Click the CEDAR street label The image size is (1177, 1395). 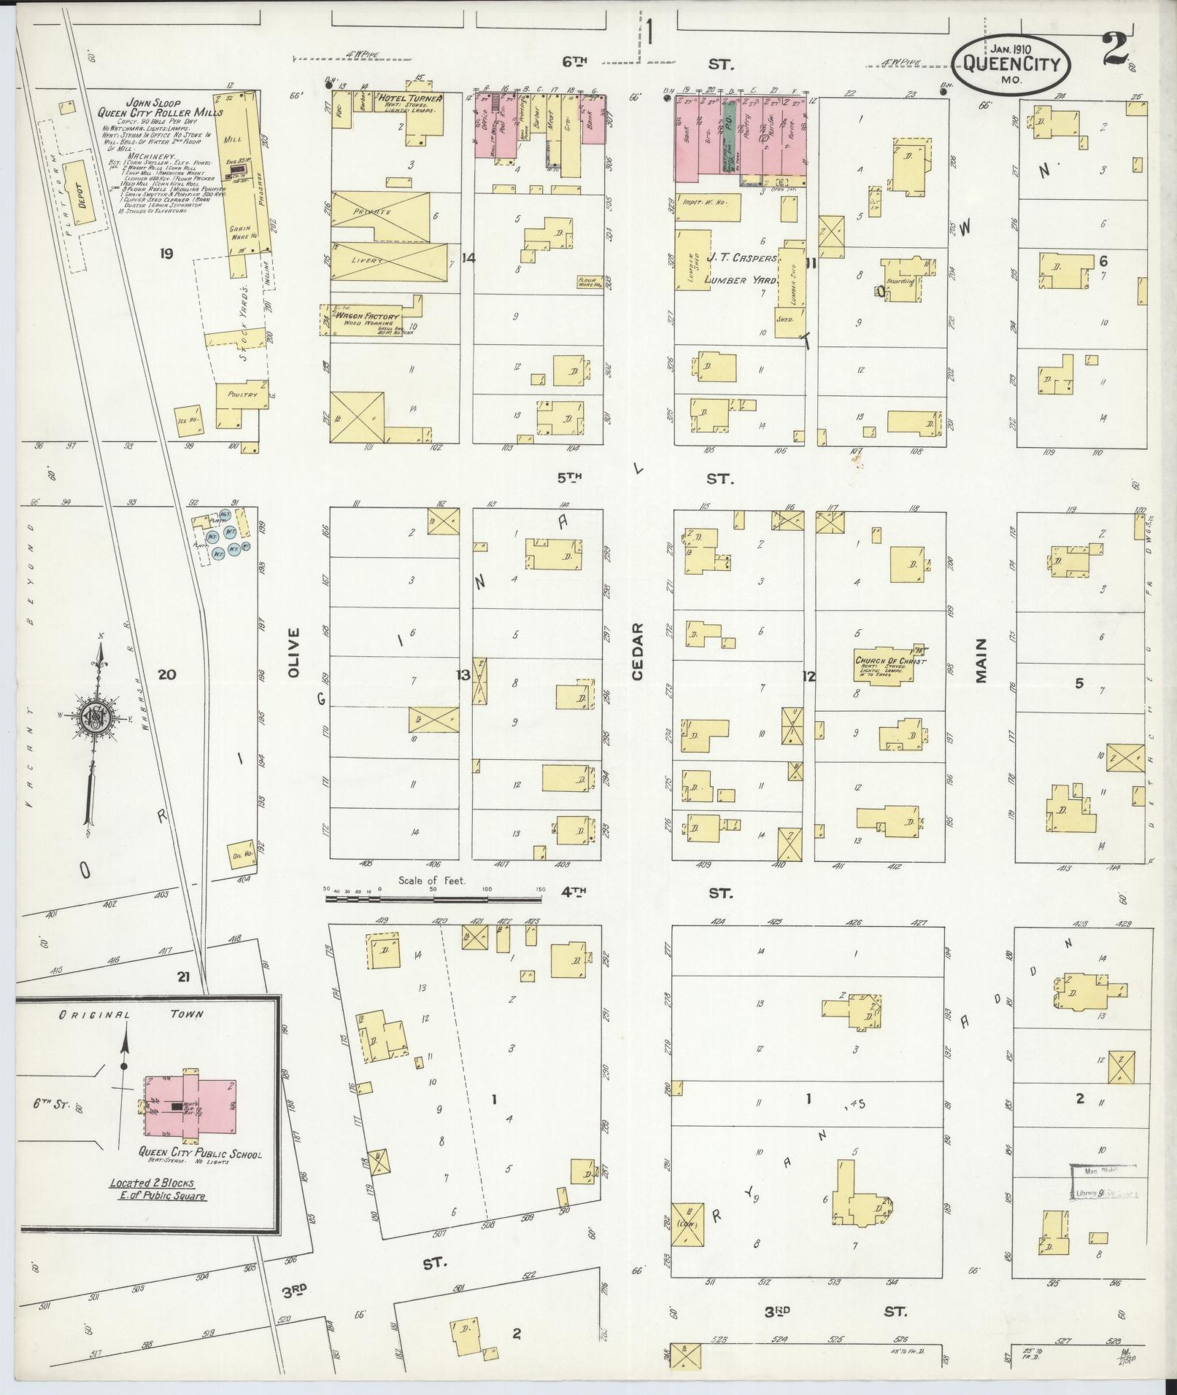(637, 652)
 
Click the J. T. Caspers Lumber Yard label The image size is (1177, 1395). (738, 268)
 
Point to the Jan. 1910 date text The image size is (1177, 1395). (1010, 48)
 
